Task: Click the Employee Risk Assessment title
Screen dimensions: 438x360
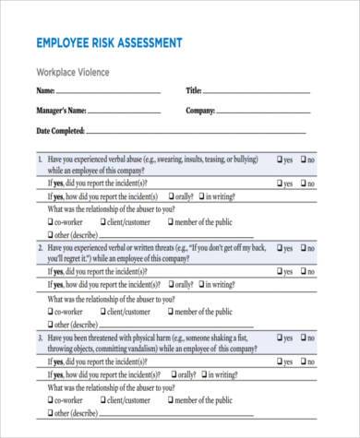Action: coord(108,43)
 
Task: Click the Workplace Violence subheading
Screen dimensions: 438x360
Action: coord(72,72)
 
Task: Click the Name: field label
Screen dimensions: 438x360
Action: coord(45,91)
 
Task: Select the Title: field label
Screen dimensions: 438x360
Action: coord(194,91)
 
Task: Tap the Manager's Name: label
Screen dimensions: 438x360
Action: coord(61,111)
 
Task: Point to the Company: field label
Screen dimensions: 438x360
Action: coord(200,111)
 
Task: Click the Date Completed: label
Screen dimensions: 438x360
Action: coord(60,131)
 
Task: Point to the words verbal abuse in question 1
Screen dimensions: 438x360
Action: coord(143,160)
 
